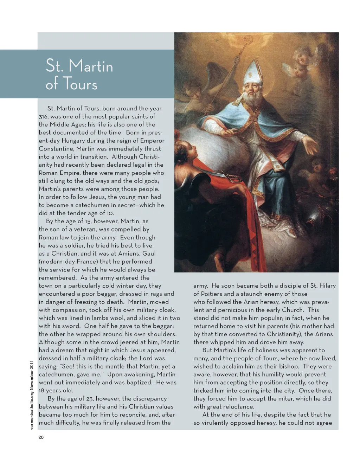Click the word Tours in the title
(80, 84)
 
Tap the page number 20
(41, 437)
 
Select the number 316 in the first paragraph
(44, 116)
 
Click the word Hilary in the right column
(326, 286)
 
